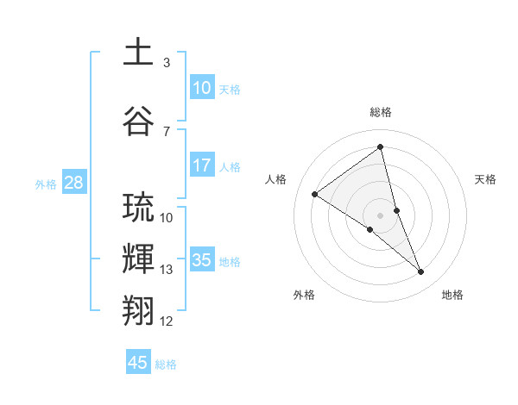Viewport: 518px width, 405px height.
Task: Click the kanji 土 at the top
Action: pyautogui.click(x=139, y=53)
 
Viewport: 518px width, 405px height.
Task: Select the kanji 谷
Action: pyautogui.click(x=139, y=120)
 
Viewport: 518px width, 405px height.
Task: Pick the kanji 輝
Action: pyautogui.click(x=139, y=258)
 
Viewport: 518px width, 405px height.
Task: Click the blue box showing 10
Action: pyautogui.click(x=202, y=88)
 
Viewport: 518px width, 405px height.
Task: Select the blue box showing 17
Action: pyautogui.click(x=202, y=165)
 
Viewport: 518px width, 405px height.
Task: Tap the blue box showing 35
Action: pyautogui.click(x=202, y=260)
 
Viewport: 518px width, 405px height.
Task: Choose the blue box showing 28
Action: pyautogui.click(x=73, y=183)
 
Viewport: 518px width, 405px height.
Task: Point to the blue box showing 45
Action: pyautogui.click(x=138, y=363)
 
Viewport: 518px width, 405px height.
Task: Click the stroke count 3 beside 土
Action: pyautogui.click(x=167, y=63)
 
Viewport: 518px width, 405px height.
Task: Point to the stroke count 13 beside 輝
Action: pyautogui.click(x=167, y=270)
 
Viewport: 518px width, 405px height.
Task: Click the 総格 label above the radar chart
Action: pyautogui.click(x=381, y=112)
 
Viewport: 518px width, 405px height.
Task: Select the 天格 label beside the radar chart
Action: pyautogui.click(x=486, y=179)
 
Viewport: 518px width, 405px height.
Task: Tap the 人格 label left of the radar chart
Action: pyautogui.click(x=275, y=179)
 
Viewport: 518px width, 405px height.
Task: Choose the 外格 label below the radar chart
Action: pyautogui.click(x=304, y=295)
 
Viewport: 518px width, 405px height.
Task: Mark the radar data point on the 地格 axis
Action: pyautogui.click(x=421, y=272)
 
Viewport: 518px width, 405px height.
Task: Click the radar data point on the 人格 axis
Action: pyautogui.click(x=315, y=194)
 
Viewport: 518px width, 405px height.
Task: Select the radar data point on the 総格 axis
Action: pyautogui.click(x=381, y=147)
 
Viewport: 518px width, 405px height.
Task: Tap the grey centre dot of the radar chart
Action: pyautogui.click(x=381, y=215)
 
